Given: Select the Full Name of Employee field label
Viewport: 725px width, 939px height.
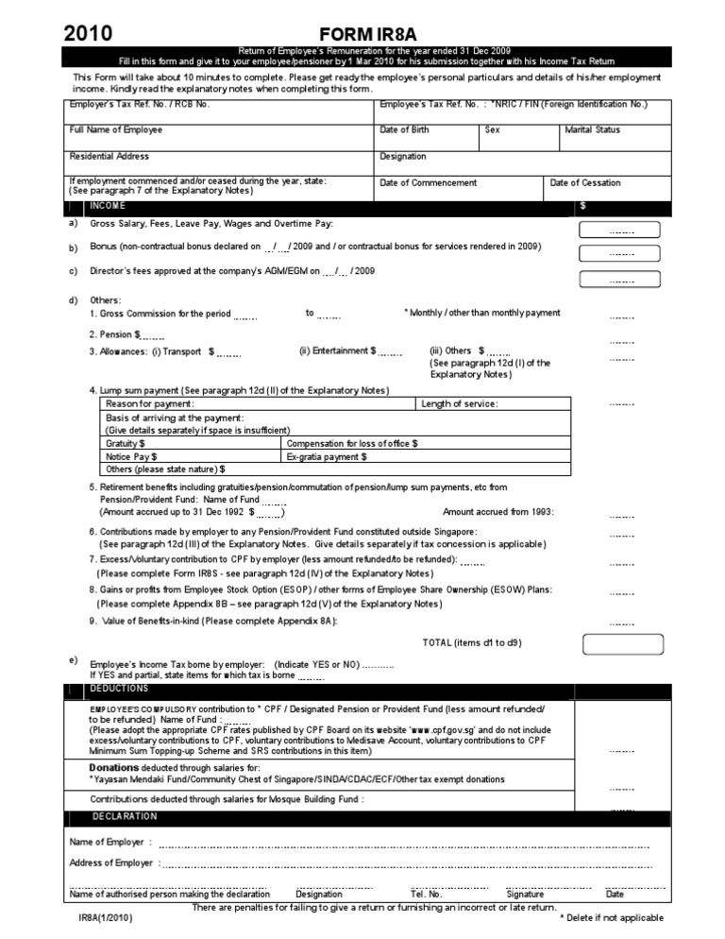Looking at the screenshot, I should point(116,129).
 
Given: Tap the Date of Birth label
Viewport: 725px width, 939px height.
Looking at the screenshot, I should point(404,129).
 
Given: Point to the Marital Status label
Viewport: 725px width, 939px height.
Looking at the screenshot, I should point(592,129).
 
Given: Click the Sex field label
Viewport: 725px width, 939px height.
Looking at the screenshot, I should point(492,129).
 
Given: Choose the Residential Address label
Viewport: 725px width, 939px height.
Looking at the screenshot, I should point(110,156).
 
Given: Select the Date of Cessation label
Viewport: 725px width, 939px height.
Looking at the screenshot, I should point(585,182).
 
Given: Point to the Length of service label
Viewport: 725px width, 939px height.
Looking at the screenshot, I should point(460,404).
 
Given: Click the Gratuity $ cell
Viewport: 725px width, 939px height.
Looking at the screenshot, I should point(126,443).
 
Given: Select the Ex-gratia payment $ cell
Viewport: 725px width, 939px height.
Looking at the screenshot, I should point(327,456).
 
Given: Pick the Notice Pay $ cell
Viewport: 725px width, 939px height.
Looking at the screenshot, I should point(130,456).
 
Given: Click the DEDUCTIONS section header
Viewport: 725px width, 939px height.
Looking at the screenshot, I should point(119,689).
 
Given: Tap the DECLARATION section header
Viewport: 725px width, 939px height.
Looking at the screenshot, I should point(126,815).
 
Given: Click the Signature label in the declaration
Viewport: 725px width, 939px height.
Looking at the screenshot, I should point(525,894).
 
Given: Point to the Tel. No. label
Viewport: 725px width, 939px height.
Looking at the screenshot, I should point(426,894).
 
